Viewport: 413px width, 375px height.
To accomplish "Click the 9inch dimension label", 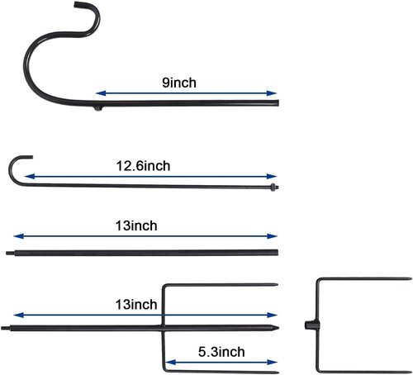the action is [179, 83].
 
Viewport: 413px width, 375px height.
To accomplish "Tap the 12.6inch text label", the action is [143, 166].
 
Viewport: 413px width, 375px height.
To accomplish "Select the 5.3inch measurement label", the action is [221, 352].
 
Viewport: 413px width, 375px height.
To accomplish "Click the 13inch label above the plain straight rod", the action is [136, 225].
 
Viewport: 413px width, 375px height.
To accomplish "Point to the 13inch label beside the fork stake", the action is [136, 305].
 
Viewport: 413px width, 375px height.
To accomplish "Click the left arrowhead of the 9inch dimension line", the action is [101, 93].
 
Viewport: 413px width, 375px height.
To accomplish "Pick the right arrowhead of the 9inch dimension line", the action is [272, 93].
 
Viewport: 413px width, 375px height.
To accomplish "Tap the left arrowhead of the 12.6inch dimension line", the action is [30, 177].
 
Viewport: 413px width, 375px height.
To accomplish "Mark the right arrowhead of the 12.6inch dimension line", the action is [272, 177].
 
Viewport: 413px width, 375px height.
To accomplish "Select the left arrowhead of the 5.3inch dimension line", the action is [171, 362].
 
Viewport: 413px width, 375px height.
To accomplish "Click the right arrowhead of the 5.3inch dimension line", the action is [272, 362].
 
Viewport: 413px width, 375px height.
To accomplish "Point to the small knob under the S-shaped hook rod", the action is [98, 108].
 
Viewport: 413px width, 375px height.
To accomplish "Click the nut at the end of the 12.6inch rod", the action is [273, 187].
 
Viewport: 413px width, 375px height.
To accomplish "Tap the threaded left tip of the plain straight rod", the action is [10, 253].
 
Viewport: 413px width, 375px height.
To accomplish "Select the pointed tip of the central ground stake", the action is [278, 328].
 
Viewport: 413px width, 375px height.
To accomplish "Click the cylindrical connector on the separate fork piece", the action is [312, 325].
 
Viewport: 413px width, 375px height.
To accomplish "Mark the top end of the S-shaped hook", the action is [75, 4].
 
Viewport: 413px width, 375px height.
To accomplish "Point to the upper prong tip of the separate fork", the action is [411, 279].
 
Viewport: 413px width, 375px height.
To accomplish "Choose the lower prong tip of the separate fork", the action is [411, 372].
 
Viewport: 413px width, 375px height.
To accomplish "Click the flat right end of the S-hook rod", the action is [278, 103].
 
